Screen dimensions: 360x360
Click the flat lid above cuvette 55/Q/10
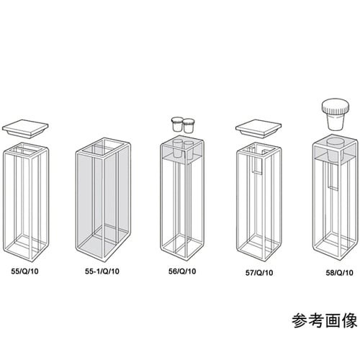click(26, 129)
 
